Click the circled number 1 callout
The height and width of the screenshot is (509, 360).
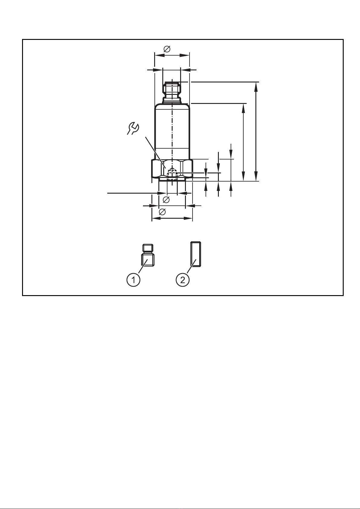click(x=134, y=280)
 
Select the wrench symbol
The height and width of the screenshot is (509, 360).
click(x=133, y=128)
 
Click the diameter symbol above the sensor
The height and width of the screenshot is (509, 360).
click(x=167, y=49)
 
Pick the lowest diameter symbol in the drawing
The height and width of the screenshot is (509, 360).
click(x=162, y=212)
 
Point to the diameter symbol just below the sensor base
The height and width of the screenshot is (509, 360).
click(x=166, y=199)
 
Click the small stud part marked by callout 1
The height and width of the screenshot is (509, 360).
click(x=148, y=255)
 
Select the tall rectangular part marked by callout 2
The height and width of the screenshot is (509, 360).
click(x=196, y=254)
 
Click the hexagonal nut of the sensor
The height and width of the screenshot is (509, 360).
click(x=172, y=168)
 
